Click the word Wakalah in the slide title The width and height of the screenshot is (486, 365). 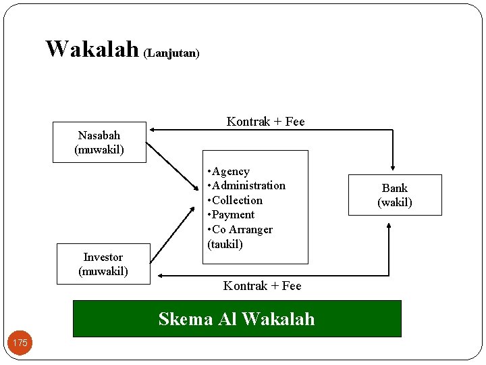tap(92, 49)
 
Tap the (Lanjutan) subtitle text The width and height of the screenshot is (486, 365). tap(171, 52)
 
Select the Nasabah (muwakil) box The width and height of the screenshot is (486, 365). tap(99, 143)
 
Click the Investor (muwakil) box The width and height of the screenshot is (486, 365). tap(103, 264)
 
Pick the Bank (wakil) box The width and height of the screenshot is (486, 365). tap(395, 195)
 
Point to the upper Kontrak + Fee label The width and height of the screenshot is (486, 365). tap(265, 122)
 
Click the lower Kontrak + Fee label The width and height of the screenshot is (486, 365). tap(262, 286)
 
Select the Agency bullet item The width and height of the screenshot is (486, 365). tap(230, 172)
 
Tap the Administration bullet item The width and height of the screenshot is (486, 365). tap(247, 185)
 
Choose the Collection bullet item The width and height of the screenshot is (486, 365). tap(236, 200)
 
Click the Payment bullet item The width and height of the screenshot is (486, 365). tap(232, 215)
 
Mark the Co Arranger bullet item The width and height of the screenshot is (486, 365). tap(241, 230)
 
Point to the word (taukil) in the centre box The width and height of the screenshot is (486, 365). tap(225, 244)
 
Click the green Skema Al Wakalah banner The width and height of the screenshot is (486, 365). tap(236, 318)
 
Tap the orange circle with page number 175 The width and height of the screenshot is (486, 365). tap(20, 343)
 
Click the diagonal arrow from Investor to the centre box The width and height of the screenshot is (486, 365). tap(173, 237)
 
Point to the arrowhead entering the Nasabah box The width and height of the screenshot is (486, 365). tap(153, 128)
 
